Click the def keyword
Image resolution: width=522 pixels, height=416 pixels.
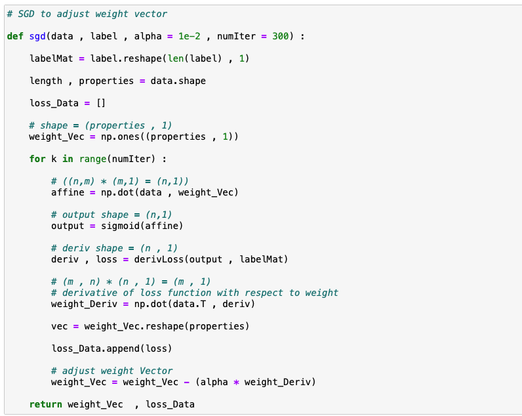[15, 36]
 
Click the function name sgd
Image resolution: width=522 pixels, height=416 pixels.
[37, 36]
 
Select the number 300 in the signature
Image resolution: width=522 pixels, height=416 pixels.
[280, 36]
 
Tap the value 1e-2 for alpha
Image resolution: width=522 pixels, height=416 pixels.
[190, 36]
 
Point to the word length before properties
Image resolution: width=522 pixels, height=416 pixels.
[46, 81]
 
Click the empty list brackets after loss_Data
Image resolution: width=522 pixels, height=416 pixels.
[101, 103]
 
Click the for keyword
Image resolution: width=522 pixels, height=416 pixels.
[37, 159]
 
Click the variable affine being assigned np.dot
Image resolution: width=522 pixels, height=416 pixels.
[68, 192]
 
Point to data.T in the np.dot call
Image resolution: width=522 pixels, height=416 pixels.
[195, 304]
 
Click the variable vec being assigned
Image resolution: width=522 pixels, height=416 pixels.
[60, 326]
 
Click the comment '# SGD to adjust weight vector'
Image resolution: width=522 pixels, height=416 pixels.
[87, 14]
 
